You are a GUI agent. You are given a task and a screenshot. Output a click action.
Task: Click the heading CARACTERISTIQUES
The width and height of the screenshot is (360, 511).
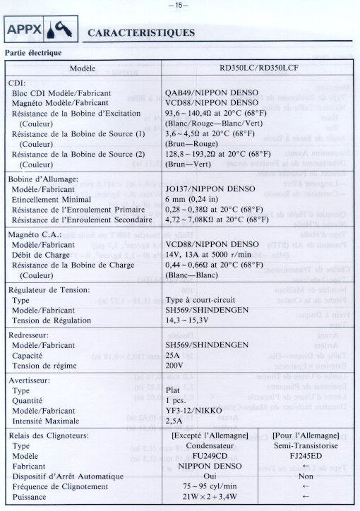[140, 32]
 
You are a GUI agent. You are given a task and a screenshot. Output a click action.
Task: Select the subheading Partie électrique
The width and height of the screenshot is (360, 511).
[34, 53]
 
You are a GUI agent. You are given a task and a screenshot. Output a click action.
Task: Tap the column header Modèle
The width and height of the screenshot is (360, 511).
[83, 68]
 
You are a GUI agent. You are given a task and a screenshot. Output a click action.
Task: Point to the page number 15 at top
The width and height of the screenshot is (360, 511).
[179, 5]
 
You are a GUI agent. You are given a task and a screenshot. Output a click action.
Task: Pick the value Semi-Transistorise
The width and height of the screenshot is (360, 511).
[305, 446]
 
